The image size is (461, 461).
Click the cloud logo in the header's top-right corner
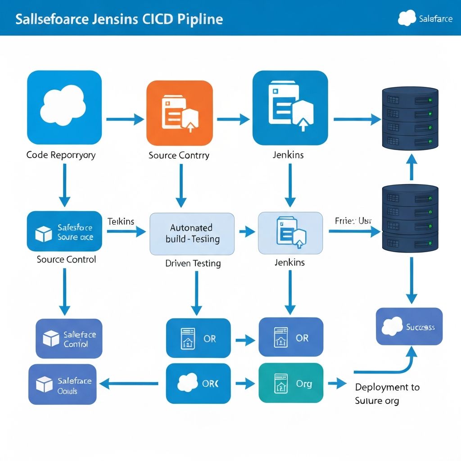(407, 18)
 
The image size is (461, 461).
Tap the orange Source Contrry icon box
(180, 113)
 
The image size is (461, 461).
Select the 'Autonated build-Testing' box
(192, 234)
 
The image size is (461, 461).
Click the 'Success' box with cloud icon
(409, 326)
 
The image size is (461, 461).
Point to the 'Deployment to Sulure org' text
(387, 393)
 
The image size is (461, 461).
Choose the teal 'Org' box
(291, 384)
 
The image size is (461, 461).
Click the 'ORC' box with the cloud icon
(198, 384)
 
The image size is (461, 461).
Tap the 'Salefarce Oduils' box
(63, 384)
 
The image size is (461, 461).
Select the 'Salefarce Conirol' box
(69, 339)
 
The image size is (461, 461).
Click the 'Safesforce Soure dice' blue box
(64, 231)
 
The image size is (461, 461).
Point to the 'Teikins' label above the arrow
(121, 221)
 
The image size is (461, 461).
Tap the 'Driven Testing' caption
(193, 263)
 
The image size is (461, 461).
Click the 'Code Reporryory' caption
(61, 155)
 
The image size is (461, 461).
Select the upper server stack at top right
(410, 118)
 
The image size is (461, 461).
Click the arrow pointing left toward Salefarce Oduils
(129, 384)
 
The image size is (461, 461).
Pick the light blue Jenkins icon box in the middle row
(290, 233)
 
